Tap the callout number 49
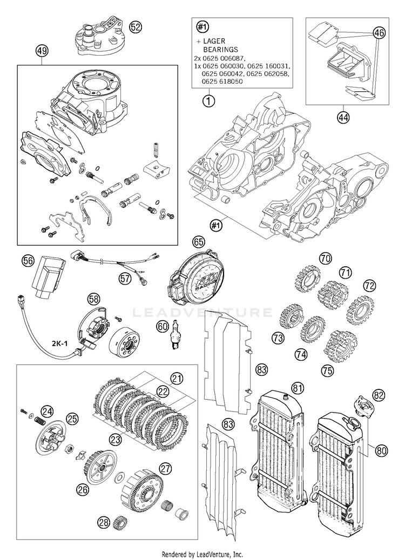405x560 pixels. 42,51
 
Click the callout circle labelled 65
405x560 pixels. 199,242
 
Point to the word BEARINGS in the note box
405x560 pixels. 220,49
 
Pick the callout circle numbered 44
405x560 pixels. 344,118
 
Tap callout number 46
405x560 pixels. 379,33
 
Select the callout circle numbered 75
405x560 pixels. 327,370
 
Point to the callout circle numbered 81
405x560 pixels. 297,388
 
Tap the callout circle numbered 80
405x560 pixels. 381,450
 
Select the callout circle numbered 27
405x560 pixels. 165,468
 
